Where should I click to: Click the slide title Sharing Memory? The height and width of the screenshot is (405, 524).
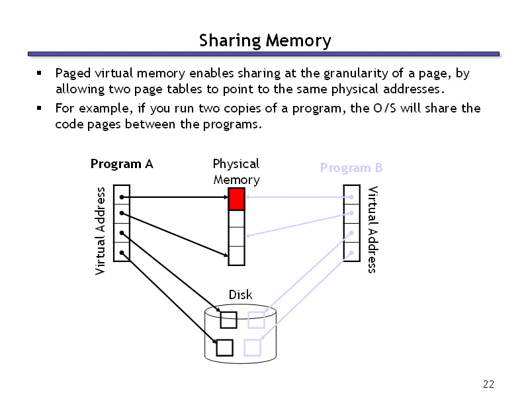tap(265, 41)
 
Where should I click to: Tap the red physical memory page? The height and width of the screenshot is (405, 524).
tap(236, 199)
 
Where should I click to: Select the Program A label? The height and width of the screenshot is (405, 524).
tap(122, 164)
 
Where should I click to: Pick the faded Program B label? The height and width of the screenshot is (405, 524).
tap(351, 168)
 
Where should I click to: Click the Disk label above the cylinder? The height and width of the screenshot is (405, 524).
tap(240, 294)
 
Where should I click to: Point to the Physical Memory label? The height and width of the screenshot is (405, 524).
tap(236, 171)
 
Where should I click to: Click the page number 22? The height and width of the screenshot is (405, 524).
tap(489, 385)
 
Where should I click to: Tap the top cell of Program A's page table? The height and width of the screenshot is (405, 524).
tap(122, 196)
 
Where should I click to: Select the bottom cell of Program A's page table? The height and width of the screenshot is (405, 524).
tap(122, 252)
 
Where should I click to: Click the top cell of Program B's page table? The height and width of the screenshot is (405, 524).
tap(351, 196)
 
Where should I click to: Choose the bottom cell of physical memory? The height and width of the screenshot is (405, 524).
tap(236, 255)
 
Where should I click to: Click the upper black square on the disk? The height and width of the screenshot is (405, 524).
tap(229, 320)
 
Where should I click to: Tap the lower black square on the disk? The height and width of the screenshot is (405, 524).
tap(225, 347)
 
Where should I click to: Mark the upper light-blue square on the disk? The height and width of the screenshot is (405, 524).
tap(256, 320)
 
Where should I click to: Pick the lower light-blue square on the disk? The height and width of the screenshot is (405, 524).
tap(252, 347)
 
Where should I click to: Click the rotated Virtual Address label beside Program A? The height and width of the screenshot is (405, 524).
tap(101, 230)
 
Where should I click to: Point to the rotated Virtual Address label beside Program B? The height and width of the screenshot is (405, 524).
tap(372, 229)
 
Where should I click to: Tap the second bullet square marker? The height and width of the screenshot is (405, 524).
tap(40, 108)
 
